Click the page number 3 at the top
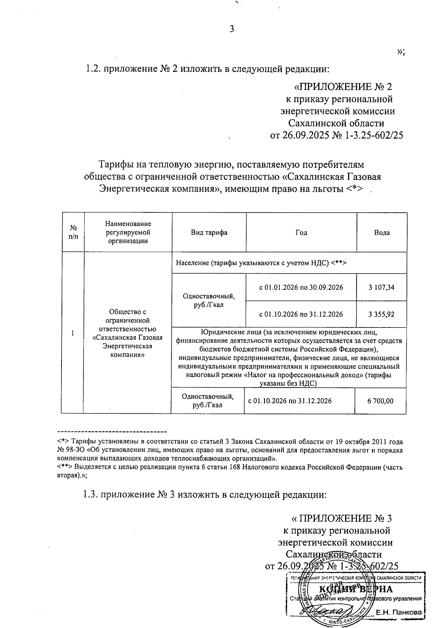pyautogui.click(x=232, y=29)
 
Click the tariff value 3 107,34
pyautogui.click(x=381, y=287)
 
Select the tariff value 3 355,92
pyautogui.click(x=381, y=314)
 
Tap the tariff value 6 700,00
pyautogui.click(x=380, y=401)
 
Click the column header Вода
pyautogui.click(x=382, y=233)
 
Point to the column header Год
pyautogui.click(x=301, y=233)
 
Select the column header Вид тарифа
pyautogui.click(x=209, y=233)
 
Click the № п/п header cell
pyautogui.click(x=73, y=233)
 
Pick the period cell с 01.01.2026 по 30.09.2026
pyautogui.click(x=301, y=287)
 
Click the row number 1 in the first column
pyautogui.click(x=73, y=333)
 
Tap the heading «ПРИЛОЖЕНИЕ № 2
pyautogui.click(x=343, y=87)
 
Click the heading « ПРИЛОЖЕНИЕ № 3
pyautogui.click(x=341, y=518)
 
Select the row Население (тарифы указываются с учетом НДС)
pyautogui.click(x=262, y=263)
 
